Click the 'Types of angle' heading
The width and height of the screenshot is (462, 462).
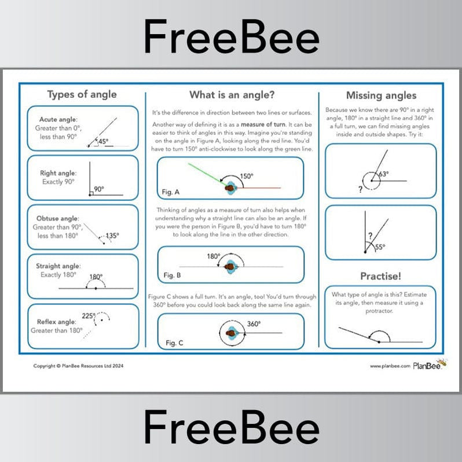[x=82, y=94]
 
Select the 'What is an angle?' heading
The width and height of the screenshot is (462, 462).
[x=232, y=94]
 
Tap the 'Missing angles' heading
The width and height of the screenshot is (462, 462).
[x=381, y=96]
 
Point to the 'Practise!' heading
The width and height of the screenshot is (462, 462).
[x=381, y=276]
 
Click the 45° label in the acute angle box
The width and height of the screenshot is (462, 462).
[x=103, y=141]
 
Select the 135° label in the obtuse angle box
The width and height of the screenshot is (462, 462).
[x=112, y=236]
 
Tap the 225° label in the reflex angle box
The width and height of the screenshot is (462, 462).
[x=89, y=316]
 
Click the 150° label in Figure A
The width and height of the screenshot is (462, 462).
[x=247, y=177]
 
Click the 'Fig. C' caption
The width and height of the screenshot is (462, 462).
[x=174, y=343]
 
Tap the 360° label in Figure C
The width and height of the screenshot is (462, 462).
[x=255, y=324]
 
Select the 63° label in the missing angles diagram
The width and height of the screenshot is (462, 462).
[x=383, y=173]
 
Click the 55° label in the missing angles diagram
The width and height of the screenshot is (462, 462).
[x=380, y=247]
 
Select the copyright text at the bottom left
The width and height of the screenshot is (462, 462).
[x=78, y=366]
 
